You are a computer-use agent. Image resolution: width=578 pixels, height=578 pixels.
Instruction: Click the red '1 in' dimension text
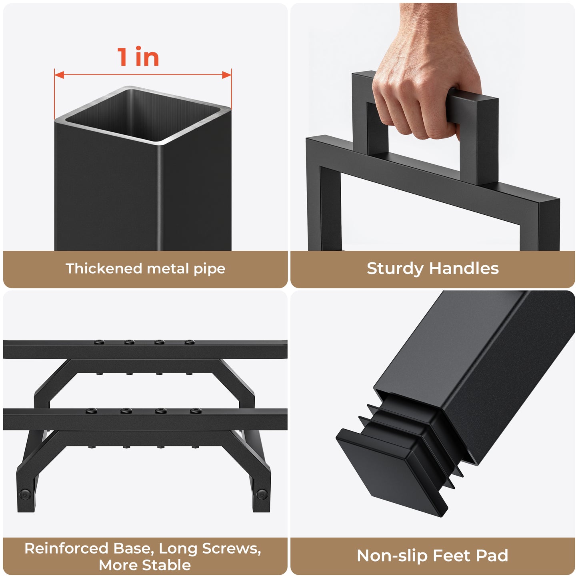coord(138,56)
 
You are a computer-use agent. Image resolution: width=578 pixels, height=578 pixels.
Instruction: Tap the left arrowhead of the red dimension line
coord(59,75)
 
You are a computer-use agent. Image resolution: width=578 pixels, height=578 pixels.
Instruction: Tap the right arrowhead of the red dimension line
coord(226,75)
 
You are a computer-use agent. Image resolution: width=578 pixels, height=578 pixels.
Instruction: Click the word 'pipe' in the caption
coord(209,269)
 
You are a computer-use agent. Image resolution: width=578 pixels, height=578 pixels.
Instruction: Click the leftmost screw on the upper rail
coord(99,342)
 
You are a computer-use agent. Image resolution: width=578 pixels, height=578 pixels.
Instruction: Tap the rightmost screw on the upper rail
coord(190,342)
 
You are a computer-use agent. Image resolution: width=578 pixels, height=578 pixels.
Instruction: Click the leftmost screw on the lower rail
coord(91,411)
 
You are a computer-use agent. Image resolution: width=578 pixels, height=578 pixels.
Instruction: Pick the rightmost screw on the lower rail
coord(196,411)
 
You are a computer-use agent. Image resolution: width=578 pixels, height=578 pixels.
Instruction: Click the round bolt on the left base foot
coord(25,494)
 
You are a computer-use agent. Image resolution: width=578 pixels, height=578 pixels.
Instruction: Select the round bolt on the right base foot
coord(262,494)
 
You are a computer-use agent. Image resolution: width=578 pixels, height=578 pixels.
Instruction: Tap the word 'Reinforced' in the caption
coord(66,549)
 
